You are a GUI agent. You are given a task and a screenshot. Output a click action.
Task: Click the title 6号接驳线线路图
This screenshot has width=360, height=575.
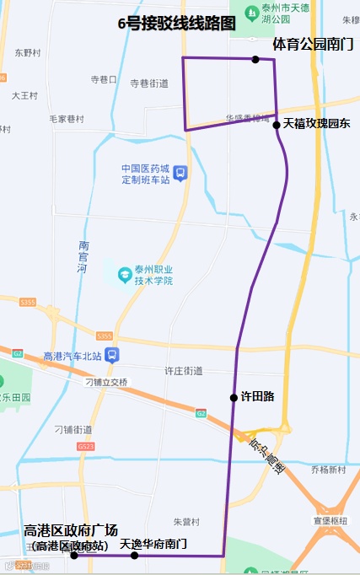coord(177,24)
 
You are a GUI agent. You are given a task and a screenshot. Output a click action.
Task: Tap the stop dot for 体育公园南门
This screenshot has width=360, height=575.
coord(255,59)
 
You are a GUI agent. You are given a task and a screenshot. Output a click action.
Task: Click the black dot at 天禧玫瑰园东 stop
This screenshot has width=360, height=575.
coord(277,125)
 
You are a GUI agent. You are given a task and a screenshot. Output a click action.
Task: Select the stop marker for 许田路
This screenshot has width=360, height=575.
coord(234,397)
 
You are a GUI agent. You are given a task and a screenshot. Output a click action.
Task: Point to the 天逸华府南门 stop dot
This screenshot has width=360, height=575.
coord(134,555)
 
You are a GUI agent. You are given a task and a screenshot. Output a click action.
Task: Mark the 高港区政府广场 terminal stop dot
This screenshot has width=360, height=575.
coord(74,555)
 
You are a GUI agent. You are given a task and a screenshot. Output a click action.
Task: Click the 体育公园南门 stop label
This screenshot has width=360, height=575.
coord(313,43)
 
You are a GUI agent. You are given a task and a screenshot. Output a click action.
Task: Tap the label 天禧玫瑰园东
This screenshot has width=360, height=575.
coord(316,124)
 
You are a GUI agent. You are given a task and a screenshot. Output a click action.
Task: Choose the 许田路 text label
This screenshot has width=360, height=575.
coord(258,396)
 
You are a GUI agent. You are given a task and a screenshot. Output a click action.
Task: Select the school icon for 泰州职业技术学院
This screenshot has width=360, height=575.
coord(125,274)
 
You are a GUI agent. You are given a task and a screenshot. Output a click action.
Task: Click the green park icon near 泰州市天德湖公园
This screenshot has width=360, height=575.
coord(251,13)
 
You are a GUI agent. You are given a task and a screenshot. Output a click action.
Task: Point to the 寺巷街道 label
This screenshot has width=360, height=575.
coord(149,83)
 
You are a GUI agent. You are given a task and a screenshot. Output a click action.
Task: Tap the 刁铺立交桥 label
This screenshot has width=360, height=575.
coord(106,382)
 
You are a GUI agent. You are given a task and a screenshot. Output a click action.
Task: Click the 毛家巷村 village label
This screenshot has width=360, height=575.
coord(67,119)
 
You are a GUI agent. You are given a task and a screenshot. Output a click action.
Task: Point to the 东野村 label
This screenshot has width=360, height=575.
coord(28,52)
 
